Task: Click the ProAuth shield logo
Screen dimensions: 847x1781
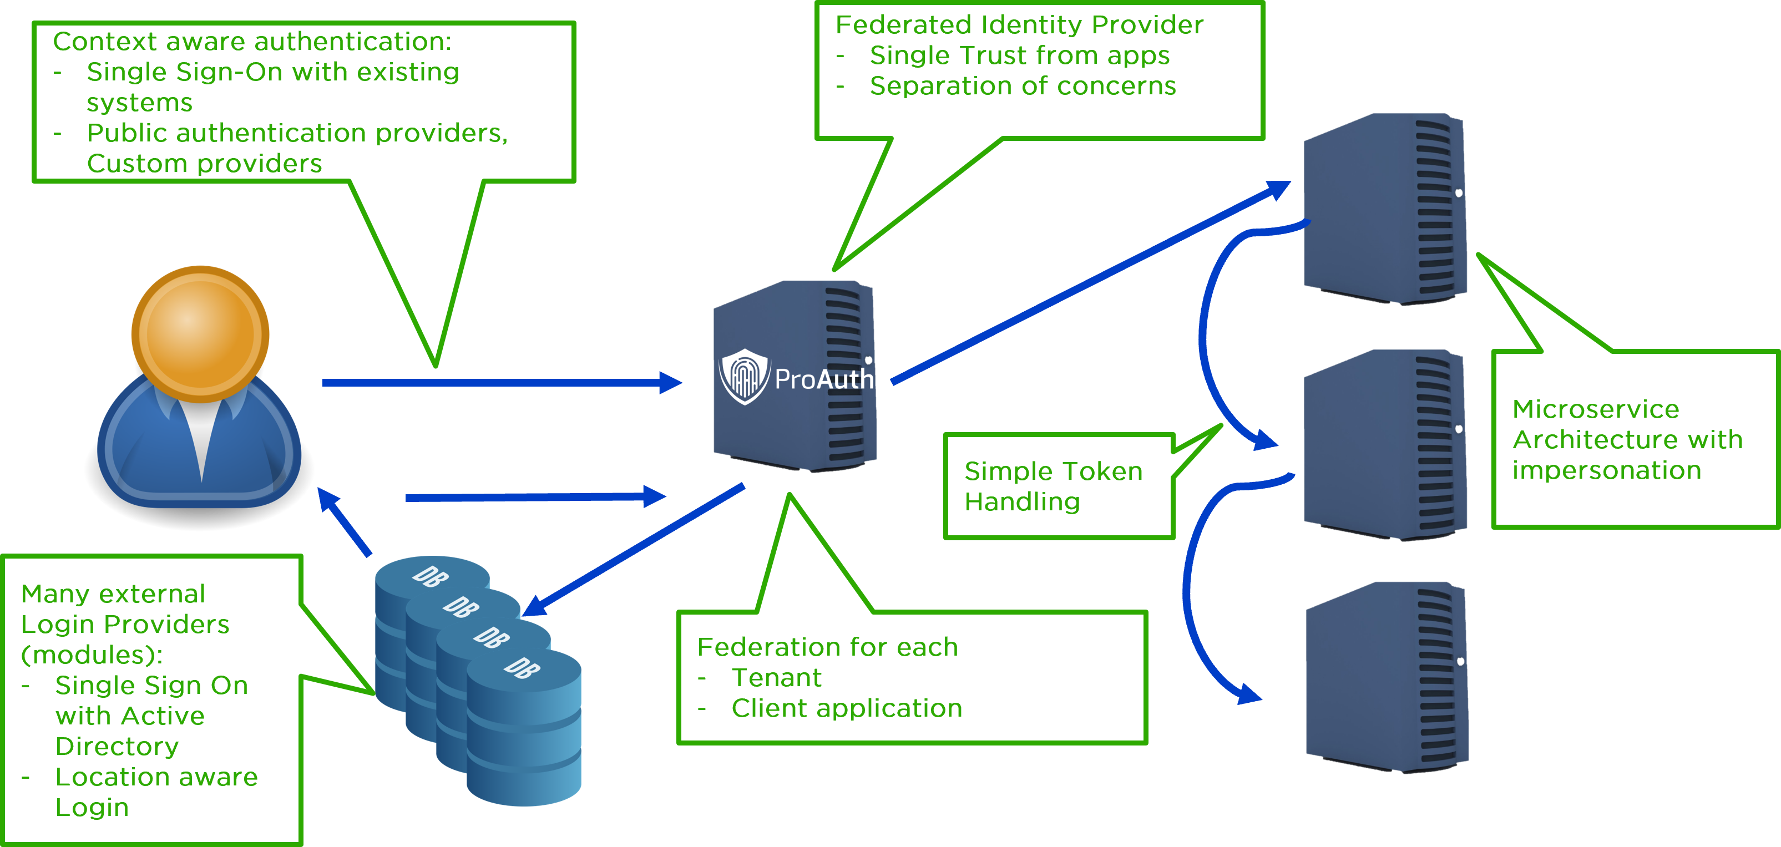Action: point(744,376)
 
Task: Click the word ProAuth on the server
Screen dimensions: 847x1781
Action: point(824,379)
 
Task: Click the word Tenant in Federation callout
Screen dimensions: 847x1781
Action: point(776,678)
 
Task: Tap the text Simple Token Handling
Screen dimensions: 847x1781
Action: point(1053,486)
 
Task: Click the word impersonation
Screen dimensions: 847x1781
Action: point(1606,470)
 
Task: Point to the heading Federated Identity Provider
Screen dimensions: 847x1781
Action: point(1019,25)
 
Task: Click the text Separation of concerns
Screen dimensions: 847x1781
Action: point(1022,86)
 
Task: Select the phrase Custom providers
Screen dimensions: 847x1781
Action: point(204,163)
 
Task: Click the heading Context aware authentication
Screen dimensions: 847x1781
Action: point(252,42)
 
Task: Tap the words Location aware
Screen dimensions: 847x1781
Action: point(156,777)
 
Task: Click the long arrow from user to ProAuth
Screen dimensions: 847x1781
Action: point(498,382)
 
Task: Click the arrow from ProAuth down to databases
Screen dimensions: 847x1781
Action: point(636,550)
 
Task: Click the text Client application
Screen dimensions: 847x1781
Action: point(846,708)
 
